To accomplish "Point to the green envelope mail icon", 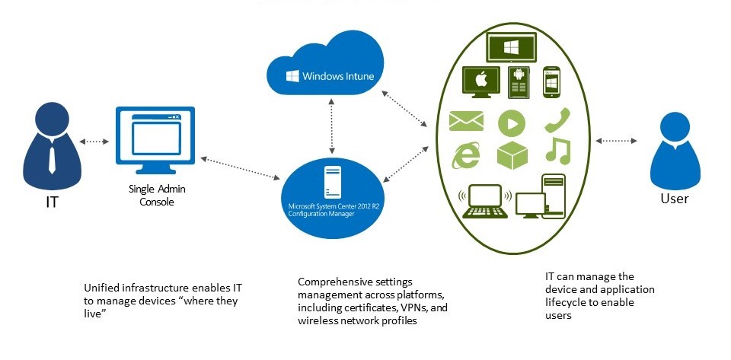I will click(467, 121).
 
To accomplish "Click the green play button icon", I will click(512, 123).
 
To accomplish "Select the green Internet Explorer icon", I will click(466, 155).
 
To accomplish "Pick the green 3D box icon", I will click(512, 155).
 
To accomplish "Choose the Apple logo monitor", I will click(480, 82).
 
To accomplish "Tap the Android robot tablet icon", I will click(519, 81).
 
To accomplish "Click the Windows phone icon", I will click(552, 82).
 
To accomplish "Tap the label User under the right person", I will click(675, 199).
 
